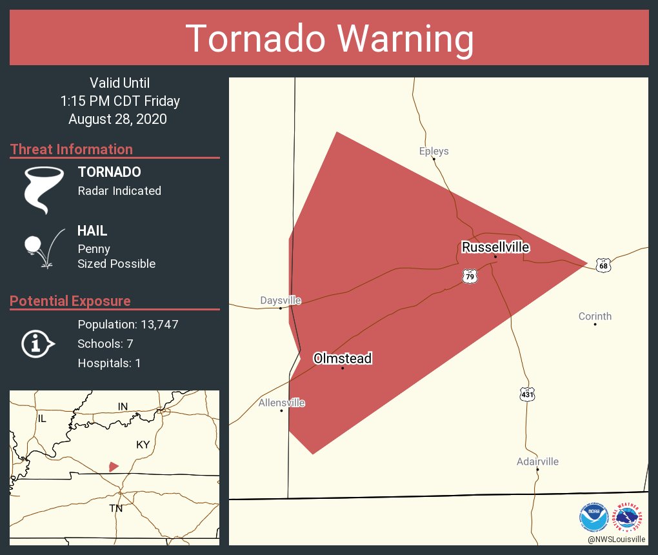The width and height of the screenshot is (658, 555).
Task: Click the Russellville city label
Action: click(495, 247)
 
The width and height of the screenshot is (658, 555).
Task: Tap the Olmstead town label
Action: click(343, 359)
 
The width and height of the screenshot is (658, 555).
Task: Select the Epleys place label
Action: click(434, 151)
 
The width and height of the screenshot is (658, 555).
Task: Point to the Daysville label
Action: click(281, 300)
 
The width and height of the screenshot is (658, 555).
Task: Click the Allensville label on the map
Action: click(281, 403)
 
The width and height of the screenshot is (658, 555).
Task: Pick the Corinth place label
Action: click(595, 316)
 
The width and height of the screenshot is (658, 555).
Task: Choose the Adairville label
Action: click(537, 461)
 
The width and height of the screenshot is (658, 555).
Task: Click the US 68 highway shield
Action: click(603, 265)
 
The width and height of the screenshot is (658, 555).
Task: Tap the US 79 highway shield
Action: click(470, 276)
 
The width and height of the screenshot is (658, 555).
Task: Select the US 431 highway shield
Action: click(528, 394)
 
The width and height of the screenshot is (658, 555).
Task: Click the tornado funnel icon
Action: click(44, 190)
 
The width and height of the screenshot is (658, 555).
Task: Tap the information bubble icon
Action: click(37, 343)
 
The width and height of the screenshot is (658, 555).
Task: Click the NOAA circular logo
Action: click(593, 517)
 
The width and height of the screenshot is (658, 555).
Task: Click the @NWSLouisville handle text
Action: click(616, 539)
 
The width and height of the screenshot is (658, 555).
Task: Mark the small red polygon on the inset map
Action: click(114, 466)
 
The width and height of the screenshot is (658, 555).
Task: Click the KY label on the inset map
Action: click(143, 445)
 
